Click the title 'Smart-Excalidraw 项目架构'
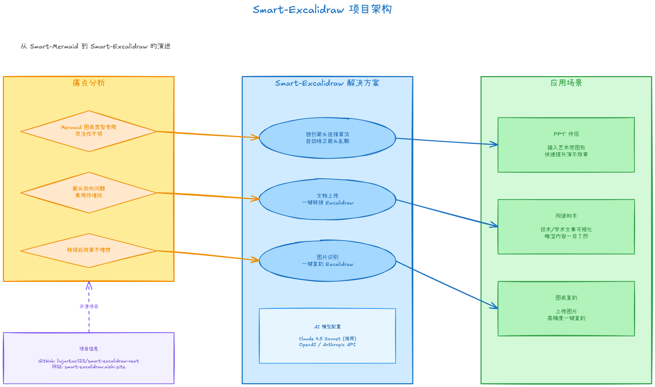pos(322,10)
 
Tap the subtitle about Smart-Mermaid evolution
pos(96,46)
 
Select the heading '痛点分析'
pos(89,83)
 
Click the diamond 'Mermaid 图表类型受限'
pos(89,131)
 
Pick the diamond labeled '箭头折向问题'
pos(89,192)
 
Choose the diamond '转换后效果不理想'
pos(89,250)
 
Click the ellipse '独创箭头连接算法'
pos(327,138)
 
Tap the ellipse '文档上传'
pos(327,199)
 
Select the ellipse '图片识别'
pos(327,261)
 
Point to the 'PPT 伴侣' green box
pos(566,145)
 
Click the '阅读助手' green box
pos(566,226)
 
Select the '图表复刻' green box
pos(566,308)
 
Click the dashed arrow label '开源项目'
pos(89,306)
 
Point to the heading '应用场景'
pos(566,83)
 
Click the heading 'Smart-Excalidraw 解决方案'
pos(327,83)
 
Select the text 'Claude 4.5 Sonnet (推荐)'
pos(327,339)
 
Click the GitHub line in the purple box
pos(89,361)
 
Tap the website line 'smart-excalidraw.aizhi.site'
pos(89,367)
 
